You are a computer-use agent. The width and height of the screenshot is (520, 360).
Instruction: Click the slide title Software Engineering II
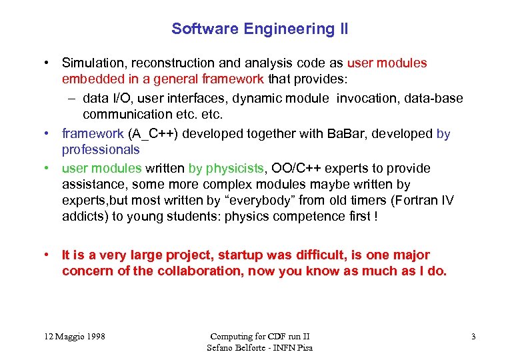click(259, 29)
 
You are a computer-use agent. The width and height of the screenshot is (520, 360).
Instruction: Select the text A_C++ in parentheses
click(151, 134)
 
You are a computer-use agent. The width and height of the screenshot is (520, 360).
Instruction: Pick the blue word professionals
click(101, 150)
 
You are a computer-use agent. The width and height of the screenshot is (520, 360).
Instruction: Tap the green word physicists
click(235, 169)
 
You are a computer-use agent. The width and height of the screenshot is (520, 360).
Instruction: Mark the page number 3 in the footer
click(473, 337)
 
